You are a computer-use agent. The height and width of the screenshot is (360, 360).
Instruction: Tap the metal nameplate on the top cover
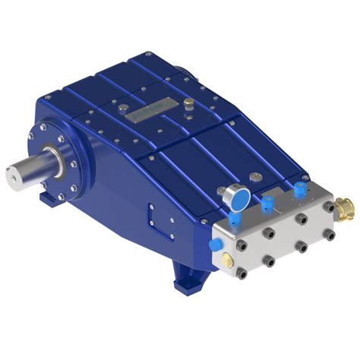tap(149, 112)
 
